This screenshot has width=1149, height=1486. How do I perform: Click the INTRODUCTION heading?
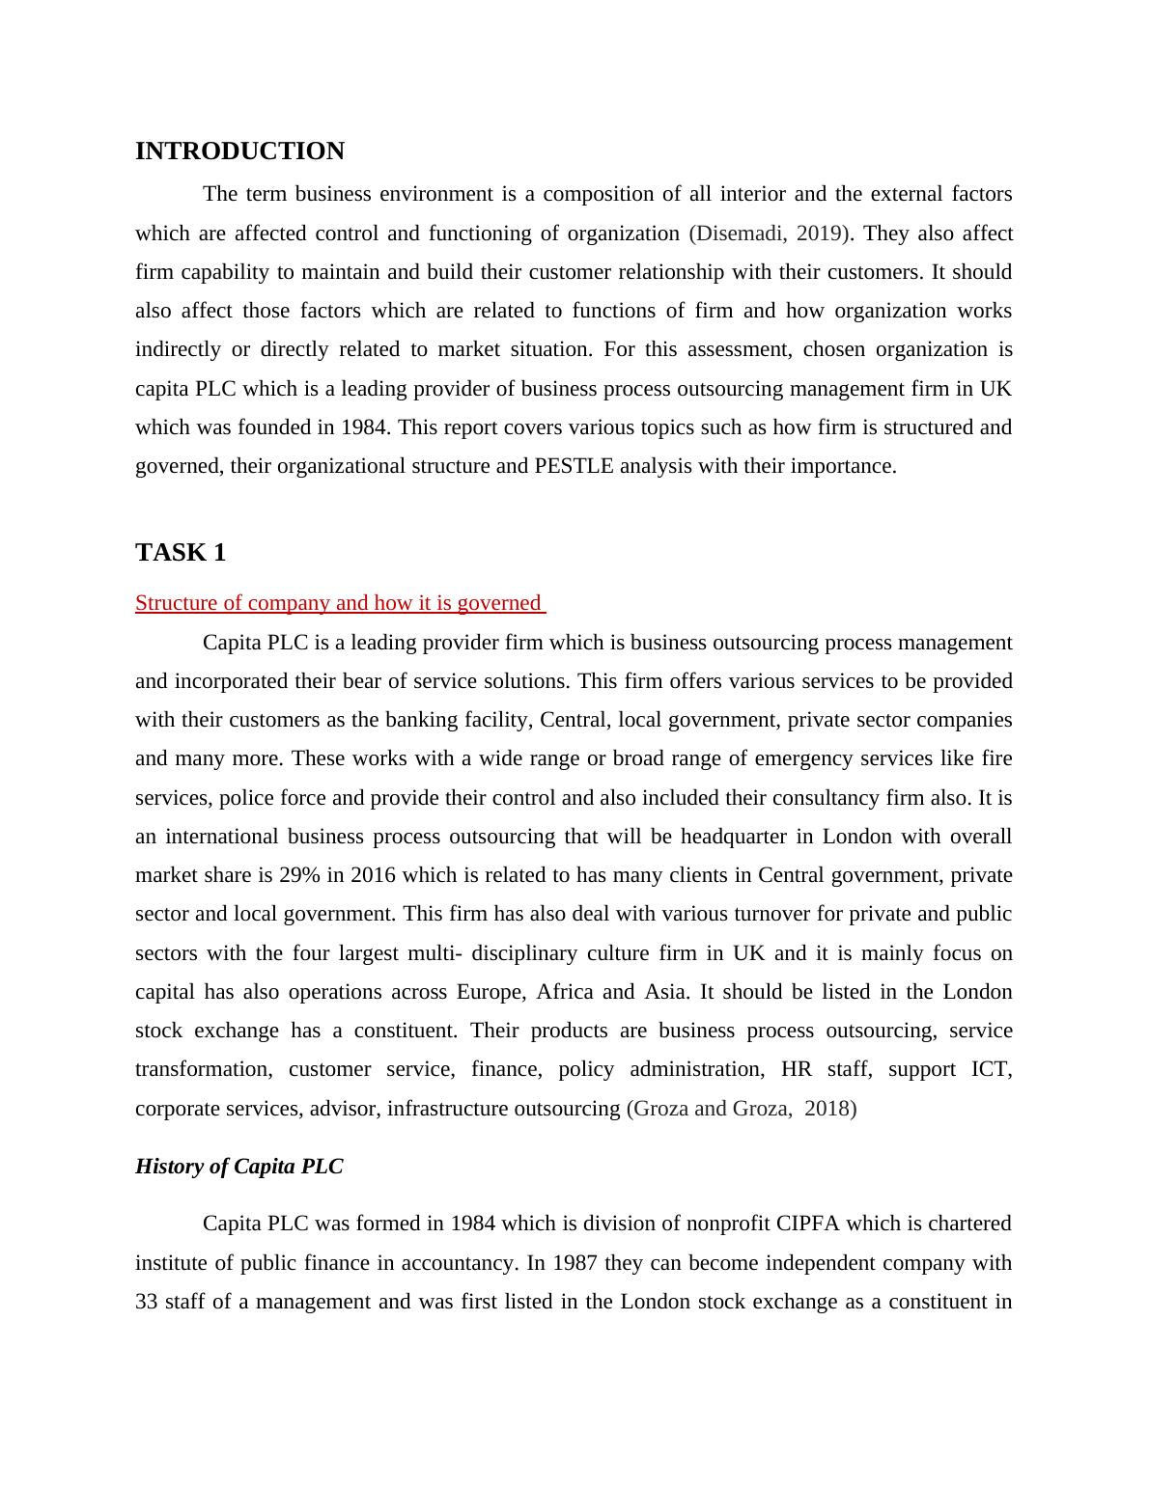(239, 151)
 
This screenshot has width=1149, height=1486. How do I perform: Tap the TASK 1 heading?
(181, 552)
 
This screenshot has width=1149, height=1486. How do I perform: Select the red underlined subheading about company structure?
(339, 603)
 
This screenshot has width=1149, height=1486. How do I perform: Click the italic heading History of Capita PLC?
(239, 1167)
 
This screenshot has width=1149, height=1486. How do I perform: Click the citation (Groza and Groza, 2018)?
(742, 1109)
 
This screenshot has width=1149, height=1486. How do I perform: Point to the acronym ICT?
(991, 1069)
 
